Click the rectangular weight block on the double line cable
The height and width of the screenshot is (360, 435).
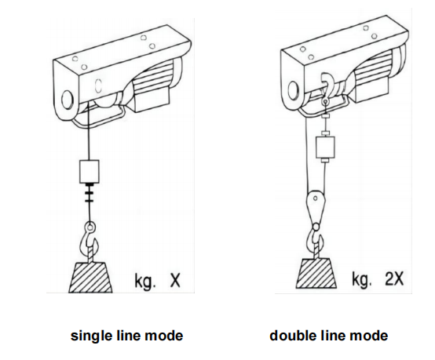pyautogui.click(x=323, y=149)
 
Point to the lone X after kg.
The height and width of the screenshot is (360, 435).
pyautogui.click(x=175, y=280)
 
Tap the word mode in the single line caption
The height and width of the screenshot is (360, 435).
pyautogui.click(x=167, y=336)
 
